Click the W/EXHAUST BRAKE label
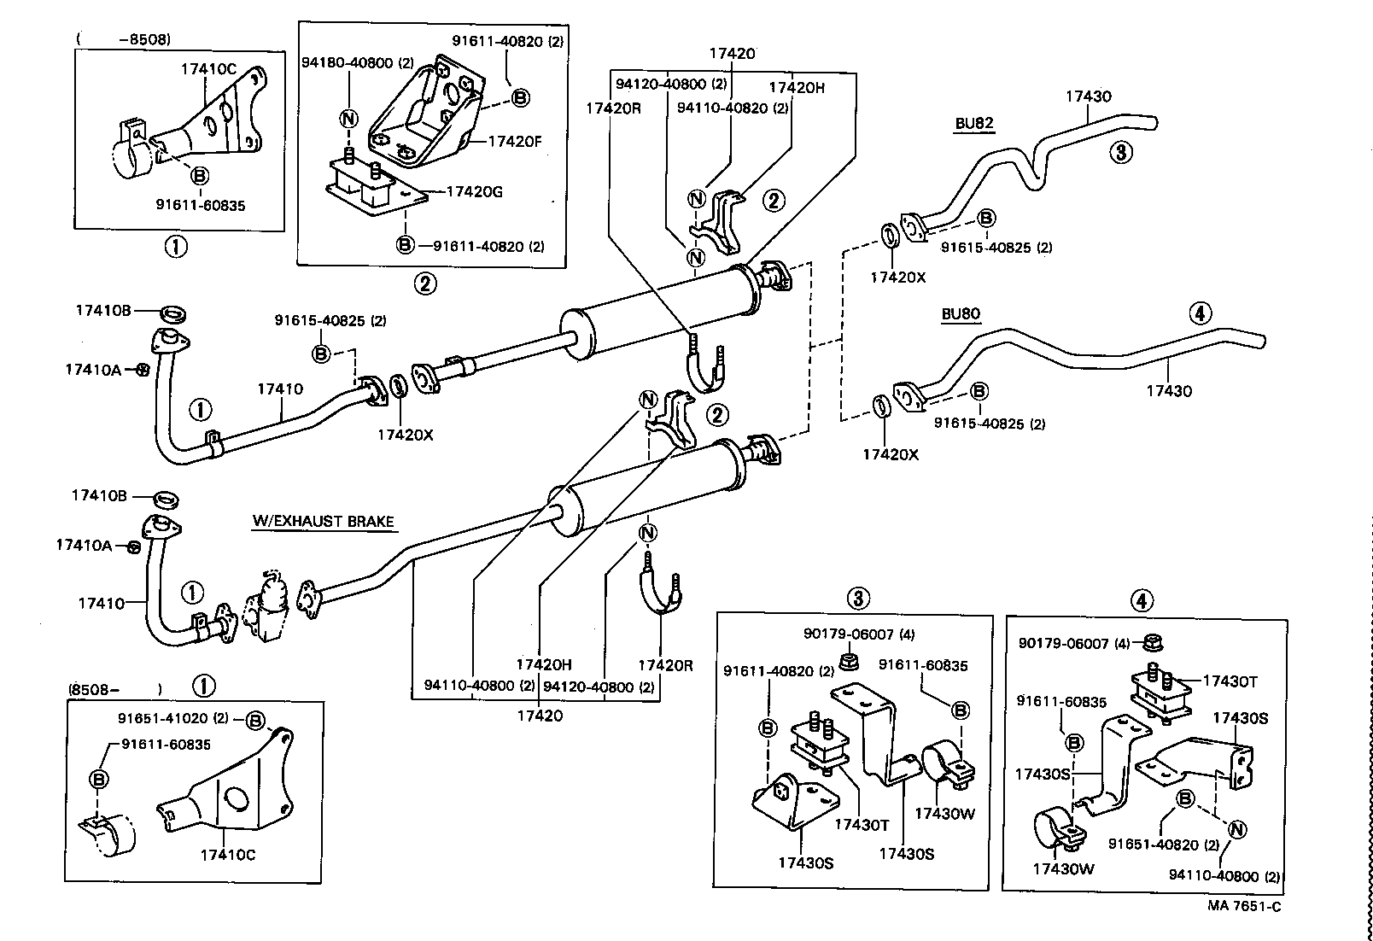[x=324, y=521]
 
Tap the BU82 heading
[x=974, y=123]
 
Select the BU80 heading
[x=961, y=313]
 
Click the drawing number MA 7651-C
[x=1243, y=906]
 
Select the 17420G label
[x=474, y=191]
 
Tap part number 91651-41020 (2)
[x=175, y=718]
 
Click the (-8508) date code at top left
[x=124, y=38]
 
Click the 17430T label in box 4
[x=1230, y=681]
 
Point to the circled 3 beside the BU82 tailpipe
[x=1120, y=153]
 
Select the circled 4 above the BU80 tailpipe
[x=1200, y=313]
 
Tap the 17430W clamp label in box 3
[x=944, y=814]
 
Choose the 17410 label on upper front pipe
[x=280, y=389]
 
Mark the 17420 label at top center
[x=732, y=53]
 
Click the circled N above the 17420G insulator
[x=349, y=119]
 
